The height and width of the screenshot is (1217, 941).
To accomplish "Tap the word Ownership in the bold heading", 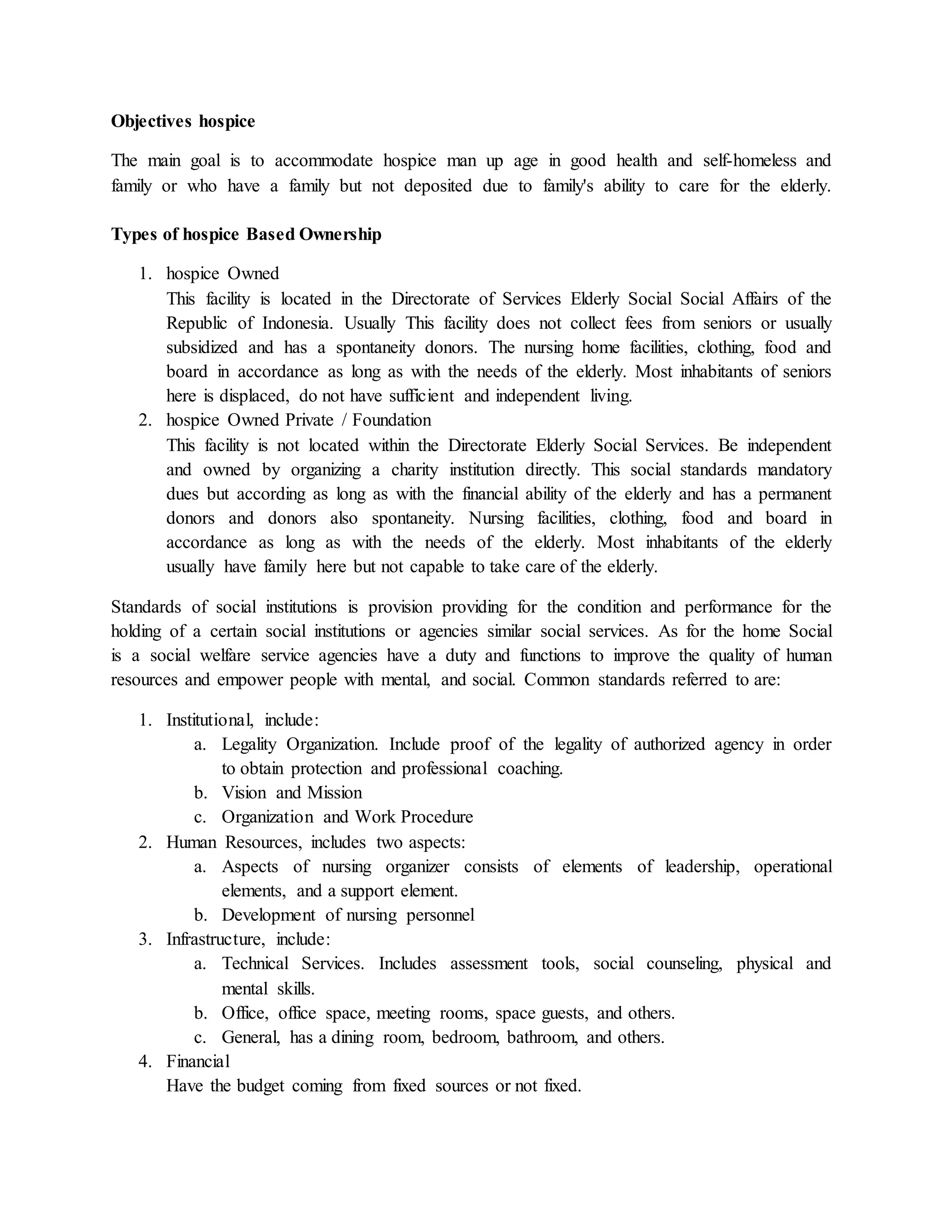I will (340, 235).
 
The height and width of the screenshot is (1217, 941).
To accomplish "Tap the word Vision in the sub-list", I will (244, 793).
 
